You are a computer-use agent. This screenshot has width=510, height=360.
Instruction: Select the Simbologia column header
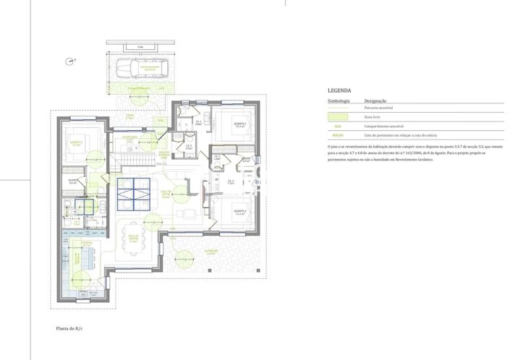pos(339,100)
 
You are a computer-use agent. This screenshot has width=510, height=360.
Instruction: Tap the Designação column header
pos(375,100)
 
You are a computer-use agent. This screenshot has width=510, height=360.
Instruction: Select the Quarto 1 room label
pos(240,124)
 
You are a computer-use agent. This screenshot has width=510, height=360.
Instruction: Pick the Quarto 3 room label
pos(241,211)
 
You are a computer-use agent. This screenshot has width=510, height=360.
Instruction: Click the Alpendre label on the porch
pos(211,253)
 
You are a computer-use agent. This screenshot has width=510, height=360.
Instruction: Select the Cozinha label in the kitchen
pos(86,244)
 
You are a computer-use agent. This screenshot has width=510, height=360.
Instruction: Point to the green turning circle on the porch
pos(185,258)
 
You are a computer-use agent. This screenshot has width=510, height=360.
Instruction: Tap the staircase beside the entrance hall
pos(131,157)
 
